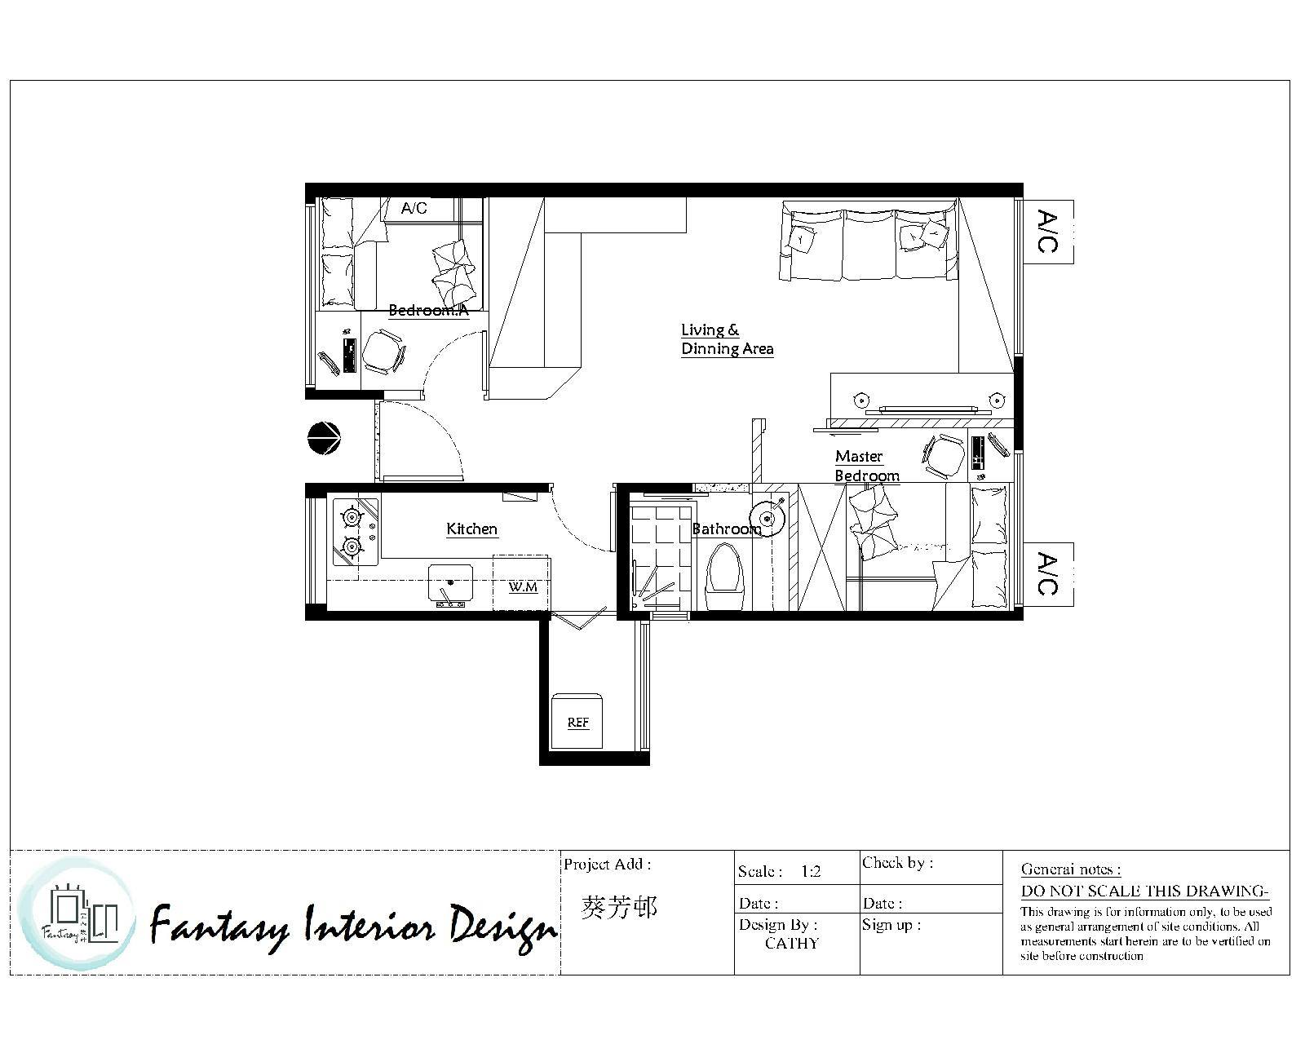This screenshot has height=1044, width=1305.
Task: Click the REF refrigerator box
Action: click(x=577, y=721)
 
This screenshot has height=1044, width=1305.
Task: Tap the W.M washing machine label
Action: click(x=523, y=587)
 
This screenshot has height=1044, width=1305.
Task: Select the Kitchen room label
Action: click(x=471, y=529)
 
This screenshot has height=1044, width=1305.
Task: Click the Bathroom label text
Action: click(x=727, y=529)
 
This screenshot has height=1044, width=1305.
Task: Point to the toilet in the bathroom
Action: click(x=724, y=577)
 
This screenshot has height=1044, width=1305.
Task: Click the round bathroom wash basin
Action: click(x=768, y=519)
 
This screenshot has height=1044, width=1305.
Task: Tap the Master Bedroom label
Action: click(x=867, y=466)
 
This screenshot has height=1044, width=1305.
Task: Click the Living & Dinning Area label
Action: click(x=727, y=339)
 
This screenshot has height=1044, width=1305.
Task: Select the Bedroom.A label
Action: click(x=428, y=311)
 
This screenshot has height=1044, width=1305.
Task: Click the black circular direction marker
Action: click(x=324, y=438)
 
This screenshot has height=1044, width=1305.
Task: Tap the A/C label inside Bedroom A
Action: click(x=414, y=208)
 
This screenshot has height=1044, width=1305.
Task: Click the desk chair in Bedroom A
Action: click(x=383, y=352)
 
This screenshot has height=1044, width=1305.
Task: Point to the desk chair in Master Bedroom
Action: click(x=943, y=455)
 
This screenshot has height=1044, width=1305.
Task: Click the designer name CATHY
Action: click(x=791, y=944)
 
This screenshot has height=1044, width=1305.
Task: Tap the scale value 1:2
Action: click(x=811, y=872)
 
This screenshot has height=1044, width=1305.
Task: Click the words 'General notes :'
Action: click(x=1071, y=869)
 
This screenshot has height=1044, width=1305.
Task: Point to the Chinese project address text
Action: click(x=619, y=908)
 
